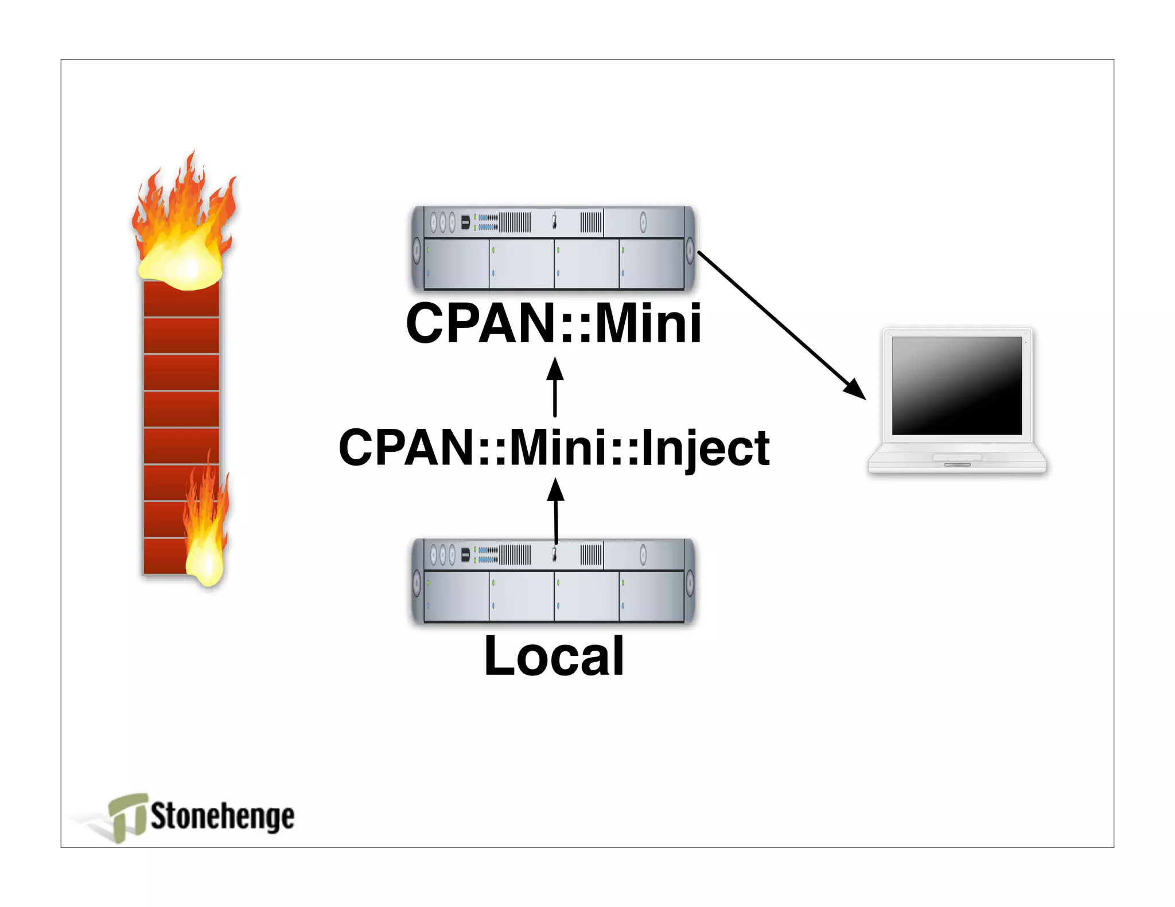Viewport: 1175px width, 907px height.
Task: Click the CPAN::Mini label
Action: coord(553,324)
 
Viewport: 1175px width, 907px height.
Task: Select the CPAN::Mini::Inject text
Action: coord(553,448)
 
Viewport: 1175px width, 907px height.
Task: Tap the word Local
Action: coord(554,656)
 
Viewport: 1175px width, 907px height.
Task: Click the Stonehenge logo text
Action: coord(222,816)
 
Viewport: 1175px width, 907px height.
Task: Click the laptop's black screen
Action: coord(956,385)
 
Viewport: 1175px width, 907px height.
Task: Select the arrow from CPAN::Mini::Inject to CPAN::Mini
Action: coord(555,387)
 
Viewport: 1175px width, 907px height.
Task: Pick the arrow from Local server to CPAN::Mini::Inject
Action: coord(555,510)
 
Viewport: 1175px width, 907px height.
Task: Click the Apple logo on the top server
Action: coord(554,221)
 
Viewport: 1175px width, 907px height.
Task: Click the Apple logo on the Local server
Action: coord(554,553)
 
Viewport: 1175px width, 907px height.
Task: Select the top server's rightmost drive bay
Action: coord(652,263)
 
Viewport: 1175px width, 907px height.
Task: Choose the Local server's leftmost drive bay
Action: coord(456,596)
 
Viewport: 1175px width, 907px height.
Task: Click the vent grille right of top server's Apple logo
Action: coord(591,222)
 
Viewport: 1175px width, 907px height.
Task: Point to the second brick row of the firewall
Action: coord(181,335)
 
